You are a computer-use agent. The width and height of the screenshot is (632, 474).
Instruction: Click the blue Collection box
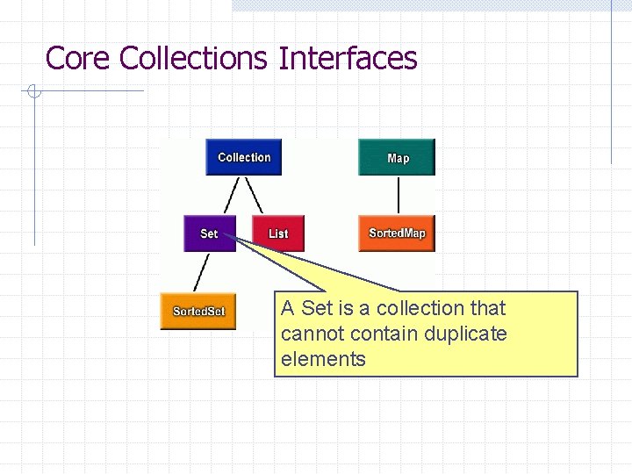(x=243, y=158)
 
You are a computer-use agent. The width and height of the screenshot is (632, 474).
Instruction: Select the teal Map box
(x=397, y=158)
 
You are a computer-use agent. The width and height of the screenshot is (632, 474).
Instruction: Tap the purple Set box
(x=210, y=233)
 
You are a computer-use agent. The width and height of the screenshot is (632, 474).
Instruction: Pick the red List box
(x=277, y=233)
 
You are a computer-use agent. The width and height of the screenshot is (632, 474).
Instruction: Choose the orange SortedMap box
(x=397, y=233)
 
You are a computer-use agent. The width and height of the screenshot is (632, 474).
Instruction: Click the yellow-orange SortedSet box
(x=198, y=312)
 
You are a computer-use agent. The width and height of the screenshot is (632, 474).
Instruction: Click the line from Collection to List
(x=254, y=196)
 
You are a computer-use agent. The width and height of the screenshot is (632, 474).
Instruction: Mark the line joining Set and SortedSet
(x=203, y=273)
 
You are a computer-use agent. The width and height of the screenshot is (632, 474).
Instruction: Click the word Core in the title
(x=78, y=59)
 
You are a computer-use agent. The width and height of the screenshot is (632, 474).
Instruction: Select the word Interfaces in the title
(x=348, y=59)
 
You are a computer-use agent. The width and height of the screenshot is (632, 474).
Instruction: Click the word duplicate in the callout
(x=464, y=334)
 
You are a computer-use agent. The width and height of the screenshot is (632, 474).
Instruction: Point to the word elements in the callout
(x=323, y=359)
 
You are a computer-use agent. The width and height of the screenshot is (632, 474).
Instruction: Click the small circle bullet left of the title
(x=32, y=90)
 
